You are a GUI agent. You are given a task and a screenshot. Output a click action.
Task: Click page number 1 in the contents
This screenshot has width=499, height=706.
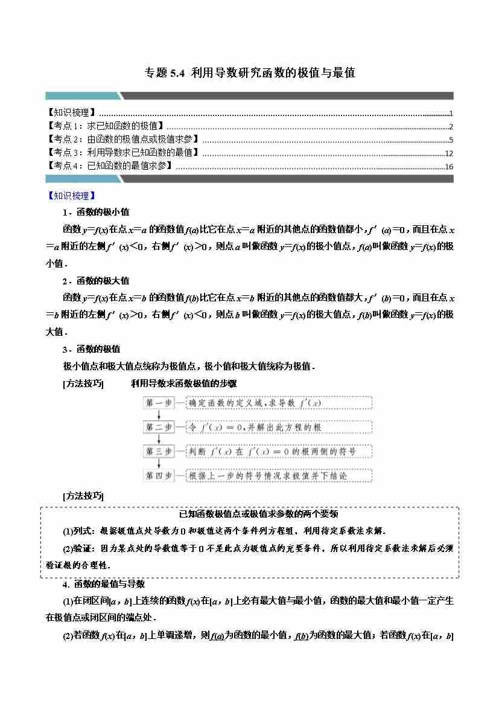pos(451,114)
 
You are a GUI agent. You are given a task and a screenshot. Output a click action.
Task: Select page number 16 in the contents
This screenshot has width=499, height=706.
pos(448,167)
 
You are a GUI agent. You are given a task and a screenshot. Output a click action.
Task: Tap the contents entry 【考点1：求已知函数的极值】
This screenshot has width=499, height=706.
pos(106,126)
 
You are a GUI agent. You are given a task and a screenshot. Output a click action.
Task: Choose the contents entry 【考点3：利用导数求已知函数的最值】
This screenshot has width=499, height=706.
pos(124,153)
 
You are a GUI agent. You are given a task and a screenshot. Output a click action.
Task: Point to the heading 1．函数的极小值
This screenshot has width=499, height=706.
pos(95,213)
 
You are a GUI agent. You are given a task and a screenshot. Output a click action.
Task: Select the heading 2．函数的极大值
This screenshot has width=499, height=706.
pos(95,281)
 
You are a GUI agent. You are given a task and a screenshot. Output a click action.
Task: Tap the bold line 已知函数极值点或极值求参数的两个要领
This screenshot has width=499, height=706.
pos(250,514)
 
